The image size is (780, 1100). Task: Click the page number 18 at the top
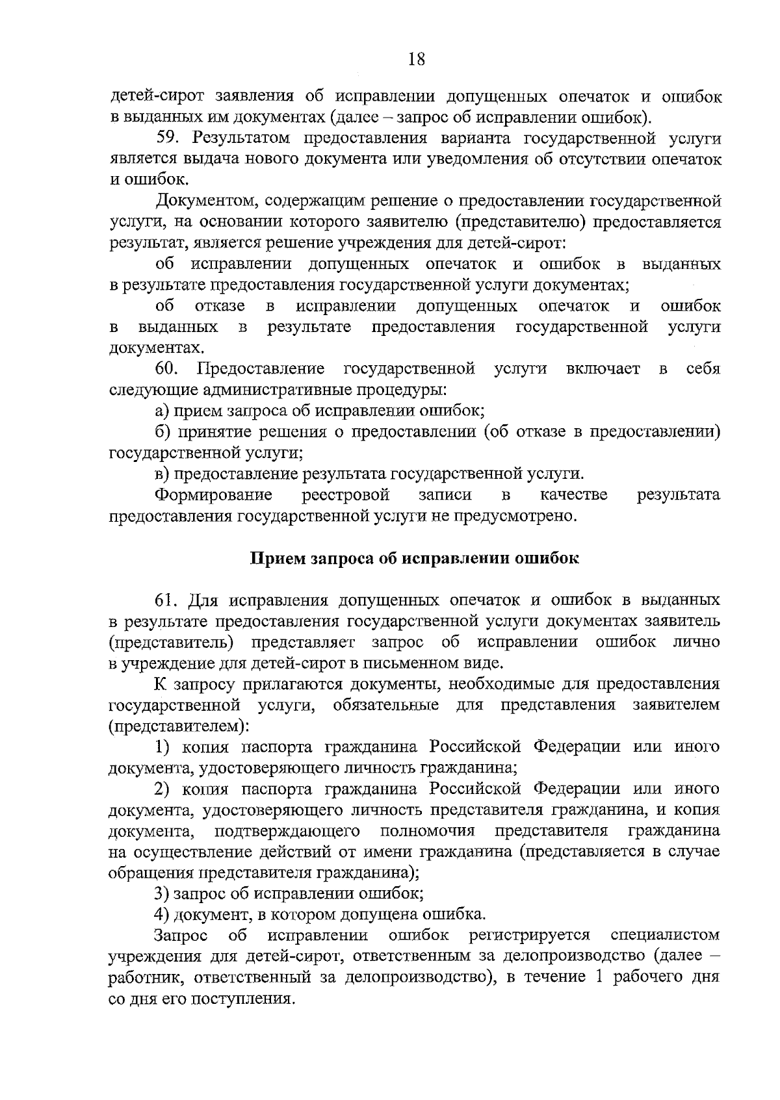pyautogui.click(x=416, y=60)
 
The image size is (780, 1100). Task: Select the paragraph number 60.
pyautogui.click(x=166, y=370)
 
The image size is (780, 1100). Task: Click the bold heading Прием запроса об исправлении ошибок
pyautogui.click(x=415, y=558)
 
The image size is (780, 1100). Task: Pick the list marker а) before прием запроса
pyautogui.click(x=162, y=411)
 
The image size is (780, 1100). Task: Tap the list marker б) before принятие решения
pyautogui.click(x=162, y=432)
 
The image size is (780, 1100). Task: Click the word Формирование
pyautogui.click(x=213, y=495)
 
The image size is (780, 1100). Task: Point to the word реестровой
pyautogui.click(x=346, y=495)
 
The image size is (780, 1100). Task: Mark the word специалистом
pyautogui.click(x=666, y=936)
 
